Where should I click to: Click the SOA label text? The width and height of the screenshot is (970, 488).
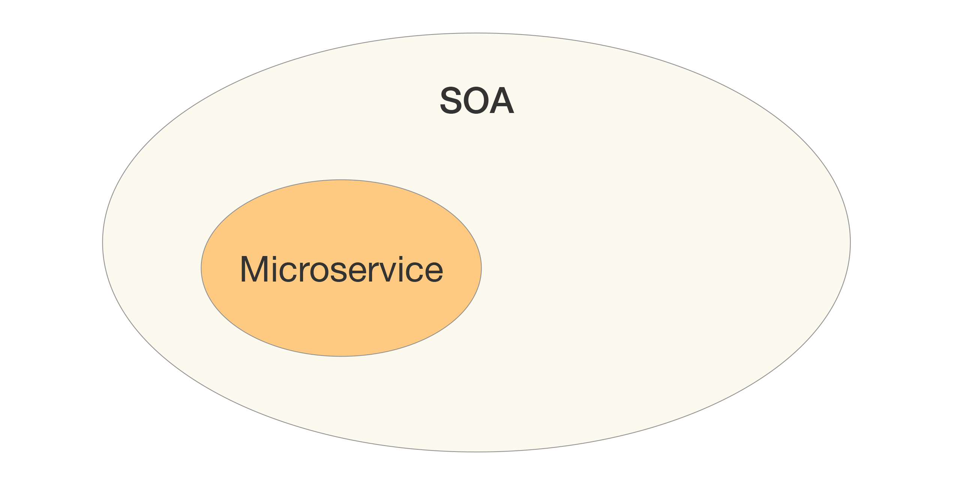tap(477, 100)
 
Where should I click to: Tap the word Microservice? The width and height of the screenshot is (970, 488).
tap(341, 269)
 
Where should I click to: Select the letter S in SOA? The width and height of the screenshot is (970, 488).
tap(451, 100)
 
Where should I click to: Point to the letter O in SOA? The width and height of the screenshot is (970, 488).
tap(477, 100)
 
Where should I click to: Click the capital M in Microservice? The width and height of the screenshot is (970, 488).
tap(254, 269)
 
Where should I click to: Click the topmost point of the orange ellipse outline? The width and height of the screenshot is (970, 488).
tap(341, 180)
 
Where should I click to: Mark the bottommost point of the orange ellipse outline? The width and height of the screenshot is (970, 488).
tap(341, 356)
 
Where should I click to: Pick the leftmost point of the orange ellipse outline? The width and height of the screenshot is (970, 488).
tap(201, 268)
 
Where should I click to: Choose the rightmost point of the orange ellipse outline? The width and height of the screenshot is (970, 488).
tap(481, 268)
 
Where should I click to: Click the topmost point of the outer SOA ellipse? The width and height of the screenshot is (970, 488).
tap(476, 33)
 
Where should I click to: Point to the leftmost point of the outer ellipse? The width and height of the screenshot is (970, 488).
tap(102, 242)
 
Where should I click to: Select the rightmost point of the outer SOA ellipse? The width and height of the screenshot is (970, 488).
tap(850, 242)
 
